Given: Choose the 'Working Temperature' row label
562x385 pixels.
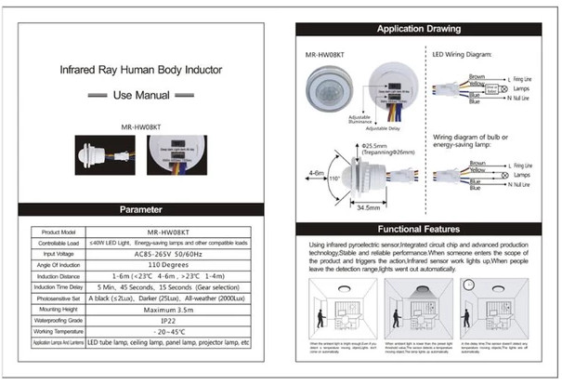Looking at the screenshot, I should [58, 331].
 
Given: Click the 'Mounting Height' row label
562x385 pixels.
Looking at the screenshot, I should [58, 309].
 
